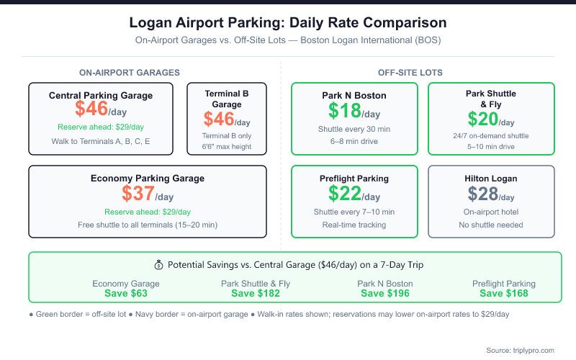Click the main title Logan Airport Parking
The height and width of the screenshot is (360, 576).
[x=287, y=23]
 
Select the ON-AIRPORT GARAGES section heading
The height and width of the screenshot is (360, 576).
[x=130, y=72]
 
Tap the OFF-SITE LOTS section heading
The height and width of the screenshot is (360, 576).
[x=410, y=72]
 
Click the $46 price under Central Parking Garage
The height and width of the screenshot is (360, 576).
[x=92, y=109]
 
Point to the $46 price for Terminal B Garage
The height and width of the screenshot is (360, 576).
[x=220, y=119]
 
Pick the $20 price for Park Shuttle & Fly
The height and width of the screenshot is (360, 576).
[x=483, y=119]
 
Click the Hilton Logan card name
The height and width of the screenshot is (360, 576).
[x=491, y=179]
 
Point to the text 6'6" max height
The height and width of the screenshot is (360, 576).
[x=227, y=148]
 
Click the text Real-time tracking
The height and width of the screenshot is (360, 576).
[x=354, y=225]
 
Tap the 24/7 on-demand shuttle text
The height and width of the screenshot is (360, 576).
[x=491, y=135]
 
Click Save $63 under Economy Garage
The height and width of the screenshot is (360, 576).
[x=126, y=293]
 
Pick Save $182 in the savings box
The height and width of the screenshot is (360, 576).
[x=256, y=293]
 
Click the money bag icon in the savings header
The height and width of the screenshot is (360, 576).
[x=159, y=265]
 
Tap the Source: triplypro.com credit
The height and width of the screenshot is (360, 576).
[x=520, y=350]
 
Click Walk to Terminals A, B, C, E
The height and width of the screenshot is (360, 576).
[x=101, y=140]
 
